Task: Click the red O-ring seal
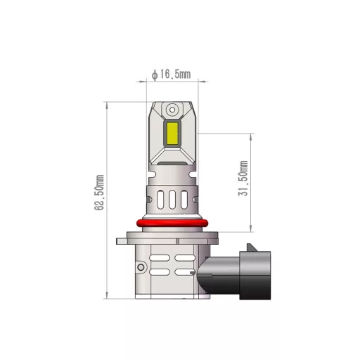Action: [171, 224]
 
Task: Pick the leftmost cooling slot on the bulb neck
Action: [159, 200]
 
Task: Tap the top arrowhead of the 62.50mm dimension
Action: [106, 103]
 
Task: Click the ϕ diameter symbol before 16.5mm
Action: [154, 72]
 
